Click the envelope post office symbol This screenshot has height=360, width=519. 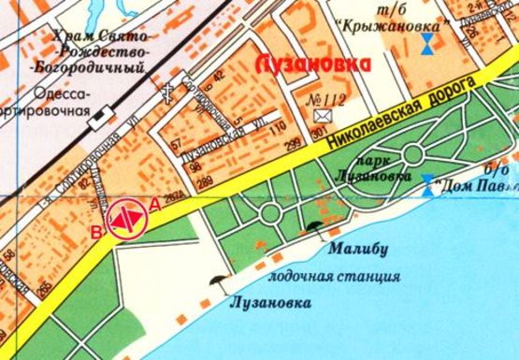click(324, 115)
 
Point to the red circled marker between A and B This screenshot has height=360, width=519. click(125, 219)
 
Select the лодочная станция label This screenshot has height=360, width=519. click(334, 276)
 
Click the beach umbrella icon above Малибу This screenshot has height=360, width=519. click(311, 224)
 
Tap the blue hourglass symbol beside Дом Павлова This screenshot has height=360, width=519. click(428, 183)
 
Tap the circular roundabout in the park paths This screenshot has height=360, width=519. click(270, 212)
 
